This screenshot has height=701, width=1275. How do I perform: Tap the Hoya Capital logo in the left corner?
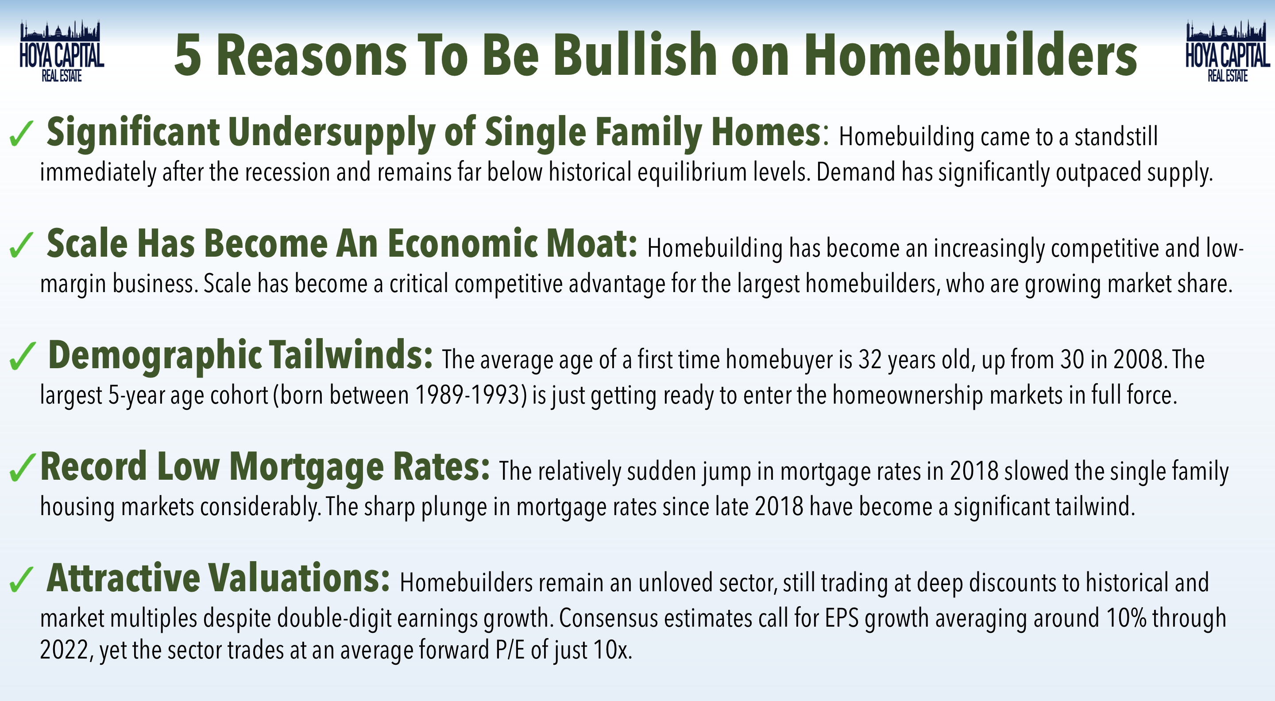click(62, 51)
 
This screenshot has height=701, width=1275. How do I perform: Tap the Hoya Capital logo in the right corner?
click(1228, 51)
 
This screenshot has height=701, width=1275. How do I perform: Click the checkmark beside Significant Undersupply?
click(21, 134)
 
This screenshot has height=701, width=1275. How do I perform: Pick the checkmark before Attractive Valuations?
click(21, 579)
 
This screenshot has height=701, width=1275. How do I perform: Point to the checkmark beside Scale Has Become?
click(21, 245)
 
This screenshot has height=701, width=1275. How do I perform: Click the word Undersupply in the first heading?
click(331, 133)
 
